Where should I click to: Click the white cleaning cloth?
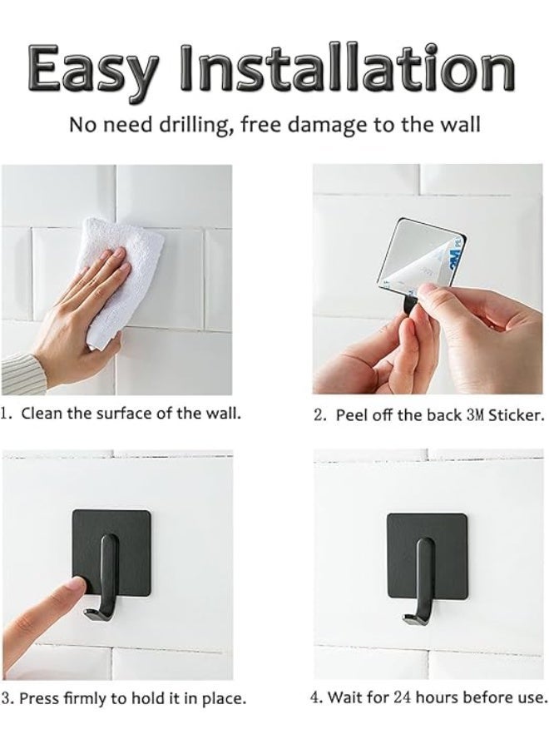click(121, 282)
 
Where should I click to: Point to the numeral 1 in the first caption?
click(5, 413)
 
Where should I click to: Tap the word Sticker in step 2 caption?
click(516, 415)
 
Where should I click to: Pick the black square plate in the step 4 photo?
click(427, 556)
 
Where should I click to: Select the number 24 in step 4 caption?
click(403, 697)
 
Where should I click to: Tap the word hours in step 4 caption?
click(434, 697)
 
